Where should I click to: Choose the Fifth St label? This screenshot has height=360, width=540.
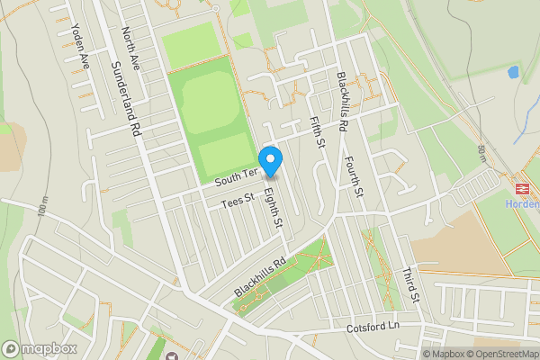coord(315,131)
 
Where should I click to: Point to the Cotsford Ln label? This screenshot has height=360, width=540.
coord(373,328)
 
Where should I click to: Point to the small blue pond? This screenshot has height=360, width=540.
coord(513,71)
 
